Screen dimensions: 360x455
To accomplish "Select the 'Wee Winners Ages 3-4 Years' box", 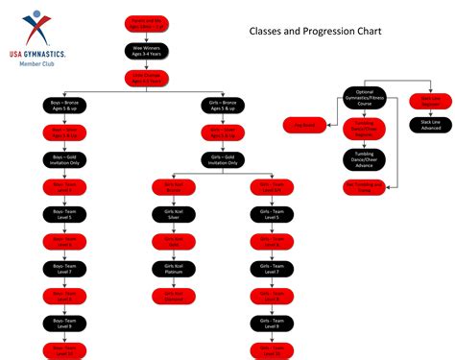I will click(x=147, y=50).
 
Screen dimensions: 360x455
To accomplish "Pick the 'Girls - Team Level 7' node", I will click(x=272, y=270).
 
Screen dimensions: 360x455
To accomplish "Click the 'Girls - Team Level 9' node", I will click(x=272, y=324).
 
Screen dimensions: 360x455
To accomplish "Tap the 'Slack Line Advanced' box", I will click(x=430, y=125).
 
